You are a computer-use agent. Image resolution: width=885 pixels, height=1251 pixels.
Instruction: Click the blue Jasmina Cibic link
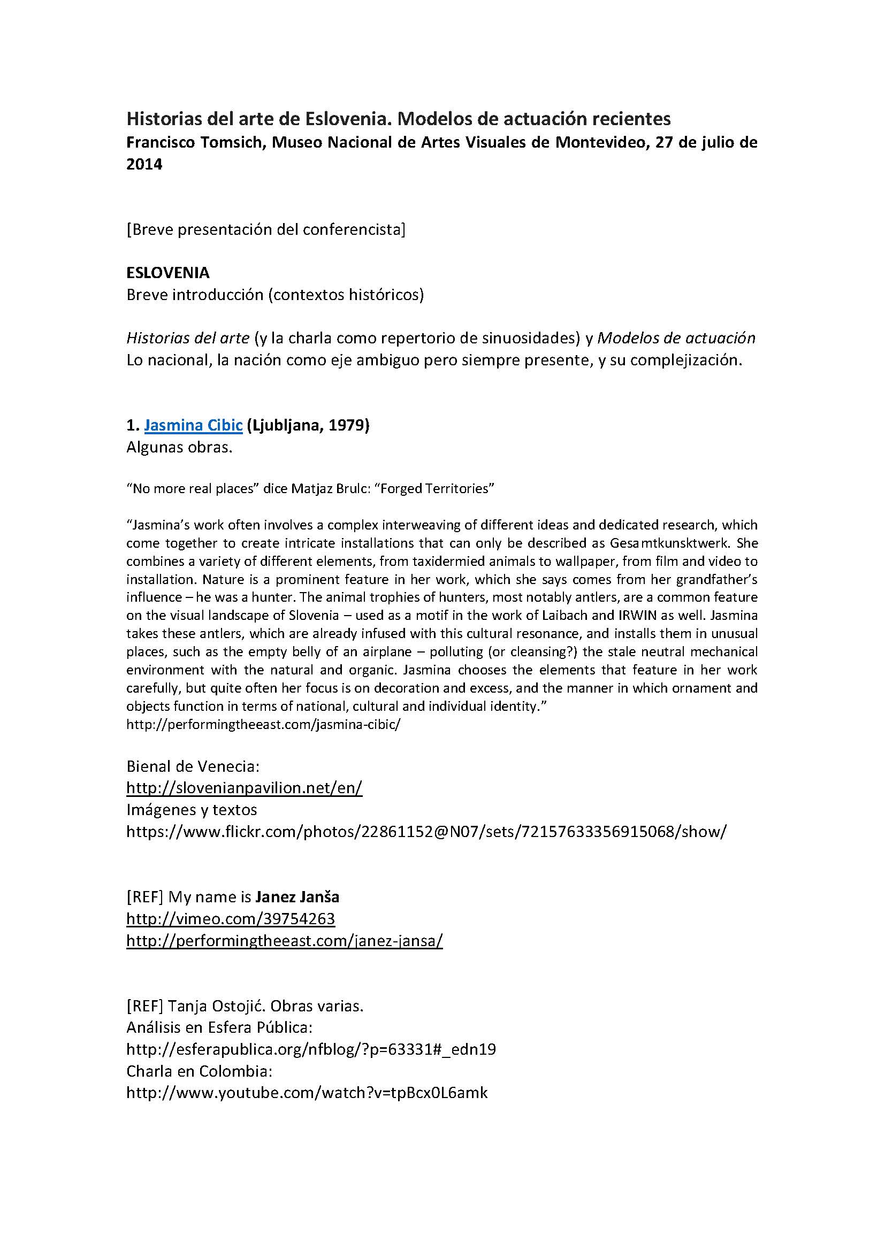coord(193,425)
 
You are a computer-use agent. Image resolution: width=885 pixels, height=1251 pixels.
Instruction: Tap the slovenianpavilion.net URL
coord(244,788)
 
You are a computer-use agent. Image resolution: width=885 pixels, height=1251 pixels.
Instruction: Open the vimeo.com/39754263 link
coord(231,919)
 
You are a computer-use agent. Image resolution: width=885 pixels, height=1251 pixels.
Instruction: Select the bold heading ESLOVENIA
coord(168,272)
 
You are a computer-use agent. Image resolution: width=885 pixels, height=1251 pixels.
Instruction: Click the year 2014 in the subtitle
coord(144,164)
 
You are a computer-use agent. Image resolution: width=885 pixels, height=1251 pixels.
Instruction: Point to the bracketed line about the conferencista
coord(266,229)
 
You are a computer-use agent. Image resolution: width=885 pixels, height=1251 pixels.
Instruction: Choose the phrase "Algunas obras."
coord(179,447)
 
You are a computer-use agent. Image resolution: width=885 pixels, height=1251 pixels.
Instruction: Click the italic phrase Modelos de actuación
coord(676,338)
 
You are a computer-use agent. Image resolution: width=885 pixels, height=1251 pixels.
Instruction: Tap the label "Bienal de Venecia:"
coord(193,766)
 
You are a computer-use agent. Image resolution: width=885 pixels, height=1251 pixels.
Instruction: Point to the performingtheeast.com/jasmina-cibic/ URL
coord(263,725)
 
